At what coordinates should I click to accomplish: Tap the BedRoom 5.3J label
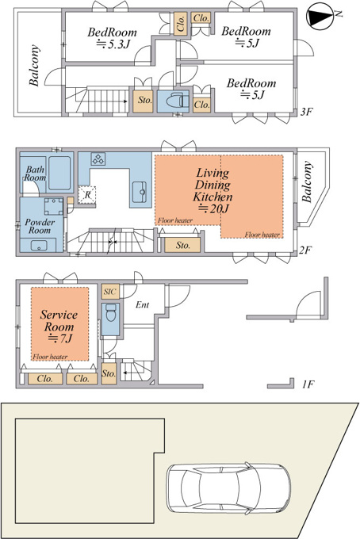click(x=112, y=38)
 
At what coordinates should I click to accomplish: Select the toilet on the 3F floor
click(x=177, y=101)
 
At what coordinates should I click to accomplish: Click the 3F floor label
click(x=306, y=112)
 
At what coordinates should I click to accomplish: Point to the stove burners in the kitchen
click(x=98, y=159)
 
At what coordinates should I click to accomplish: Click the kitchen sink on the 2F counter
click(x=140, y=192)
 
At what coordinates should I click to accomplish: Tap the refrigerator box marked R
click(x=87, y=195)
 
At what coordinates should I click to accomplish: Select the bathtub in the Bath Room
click(x=59, y=173)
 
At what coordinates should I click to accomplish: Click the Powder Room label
click(x=40, y=226)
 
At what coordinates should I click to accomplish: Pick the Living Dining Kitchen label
click(x=213, y=190)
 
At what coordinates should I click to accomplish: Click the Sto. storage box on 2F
click(x=182, y=245)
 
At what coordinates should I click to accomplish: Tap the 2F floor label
click(x=304, y=250)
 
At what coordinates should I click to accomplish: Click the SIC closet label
click(x=110, y=292)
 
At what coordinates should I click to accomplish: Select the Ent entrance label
click(x=143, y=304)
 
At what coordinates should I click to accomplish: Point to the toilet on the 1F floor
click(x=111, y=313)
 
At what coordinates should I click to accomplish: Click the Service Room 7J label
click(x=59, y=327)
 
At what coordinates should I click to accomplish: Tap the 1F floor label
click(x=308, y=384)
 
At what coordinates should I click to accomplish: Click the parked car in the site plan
click(x=228, y=488)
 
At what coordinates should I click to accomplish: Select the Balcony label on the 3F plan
click(x=33, y=65)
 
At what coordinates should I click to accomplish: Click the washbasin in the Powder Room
click(x=39, y=246)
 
